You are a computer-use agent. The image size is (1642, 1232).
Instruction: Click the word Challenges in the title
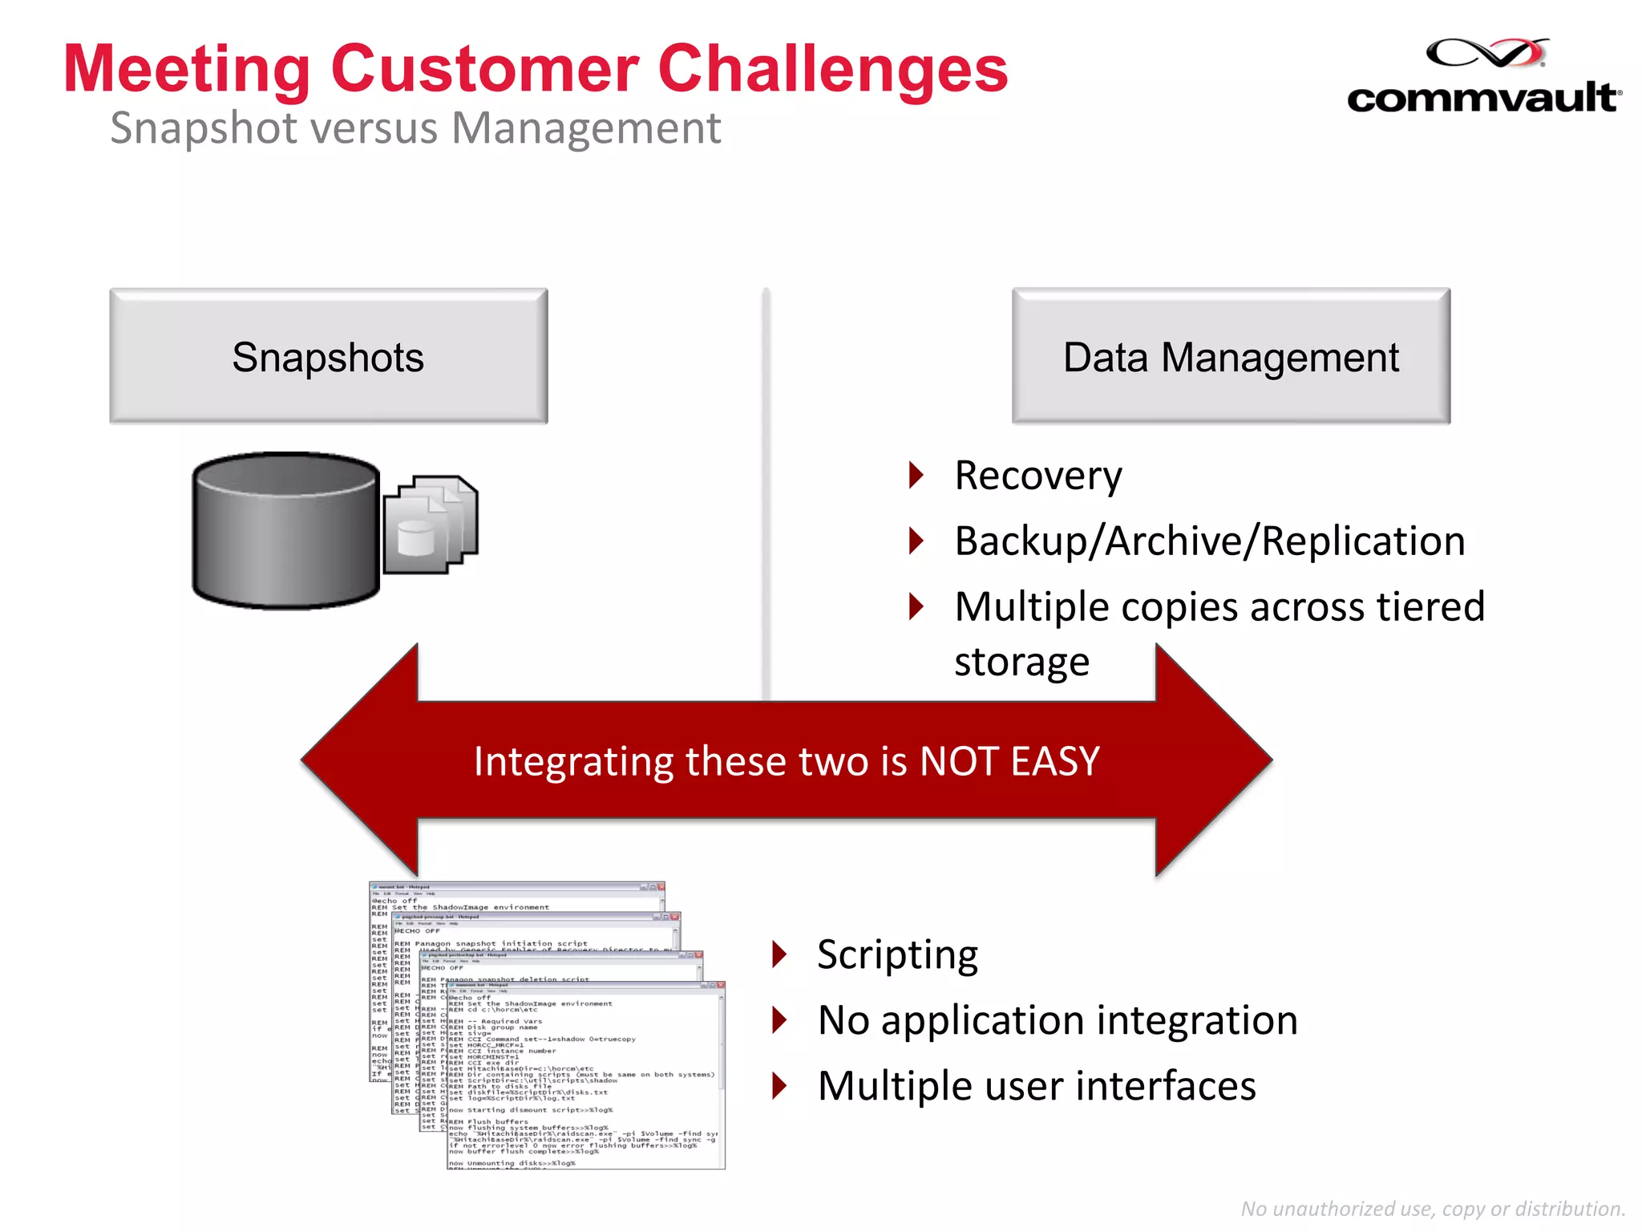coord(832,69)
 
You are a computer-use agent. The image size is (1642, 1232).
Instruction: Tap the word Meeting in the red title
coord(186,69)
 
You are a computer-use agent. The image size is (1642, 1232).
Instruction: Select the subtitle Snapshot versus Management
coord(415,128)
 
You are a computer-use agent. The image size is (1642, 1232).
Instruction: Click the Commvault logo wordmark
coord(1483,98)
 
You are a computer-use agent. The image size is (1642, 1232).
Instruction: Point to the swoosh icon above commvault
coord(1487,53)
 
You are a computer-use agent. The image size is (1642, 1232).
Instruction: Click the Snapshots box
coord(329,356)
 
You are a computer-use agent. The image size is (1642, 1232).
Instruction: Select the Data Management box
coord(1231,356)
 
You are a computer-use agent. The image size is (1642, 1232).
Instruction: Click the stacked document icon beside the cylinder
coord(431,525)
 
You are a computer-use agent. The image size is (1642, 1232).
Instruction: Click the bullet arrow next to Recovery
coord(916,476)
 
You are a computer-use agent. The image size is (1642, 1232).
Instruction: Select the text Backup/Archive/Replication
coord(1209,541)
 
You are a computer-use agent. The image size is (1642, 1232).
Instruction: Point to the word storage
coord(1021,663)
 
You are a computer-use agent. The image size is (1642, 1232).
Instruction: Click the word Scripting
coord(897,954)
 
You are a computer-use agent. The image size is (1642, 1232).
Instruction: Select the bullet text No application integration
coord(1057,1020)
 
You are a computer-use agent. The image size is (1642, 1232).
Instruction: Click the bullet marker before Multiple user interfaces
coord(779,1086)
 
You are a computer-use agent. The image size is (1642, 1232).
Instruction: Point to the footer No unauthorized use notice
coord(1432,1209)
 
